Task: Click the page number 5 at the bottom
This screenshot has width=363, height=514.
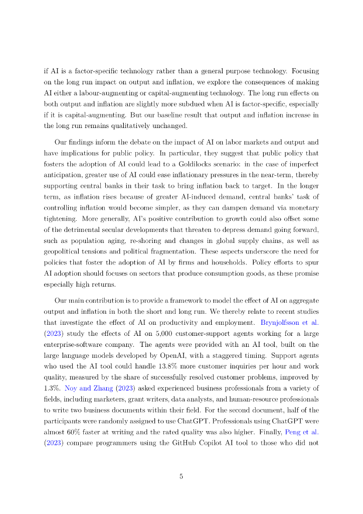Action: point(181,477)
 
